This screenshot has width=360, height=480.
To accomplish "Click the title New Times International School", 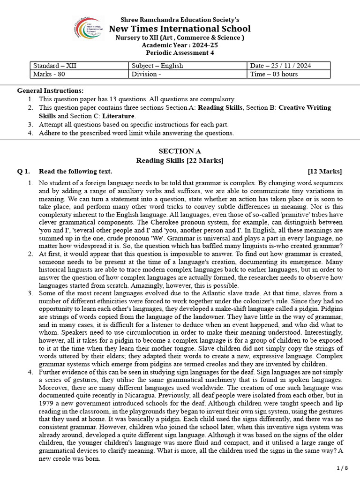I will point(180,29).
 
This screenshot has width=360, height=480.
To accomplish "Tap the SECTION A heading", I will point(180,151).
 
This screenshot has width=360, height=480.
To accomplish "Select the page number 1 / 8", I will point(343,468).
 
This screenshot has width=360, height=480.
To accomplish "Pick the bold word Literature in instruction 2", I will point(120,116).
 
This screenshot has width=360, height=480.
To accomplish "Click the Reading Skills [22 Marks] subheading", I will point(180,161).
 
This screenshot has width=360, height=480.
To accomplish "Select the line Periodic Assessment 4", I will point(180,53).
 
